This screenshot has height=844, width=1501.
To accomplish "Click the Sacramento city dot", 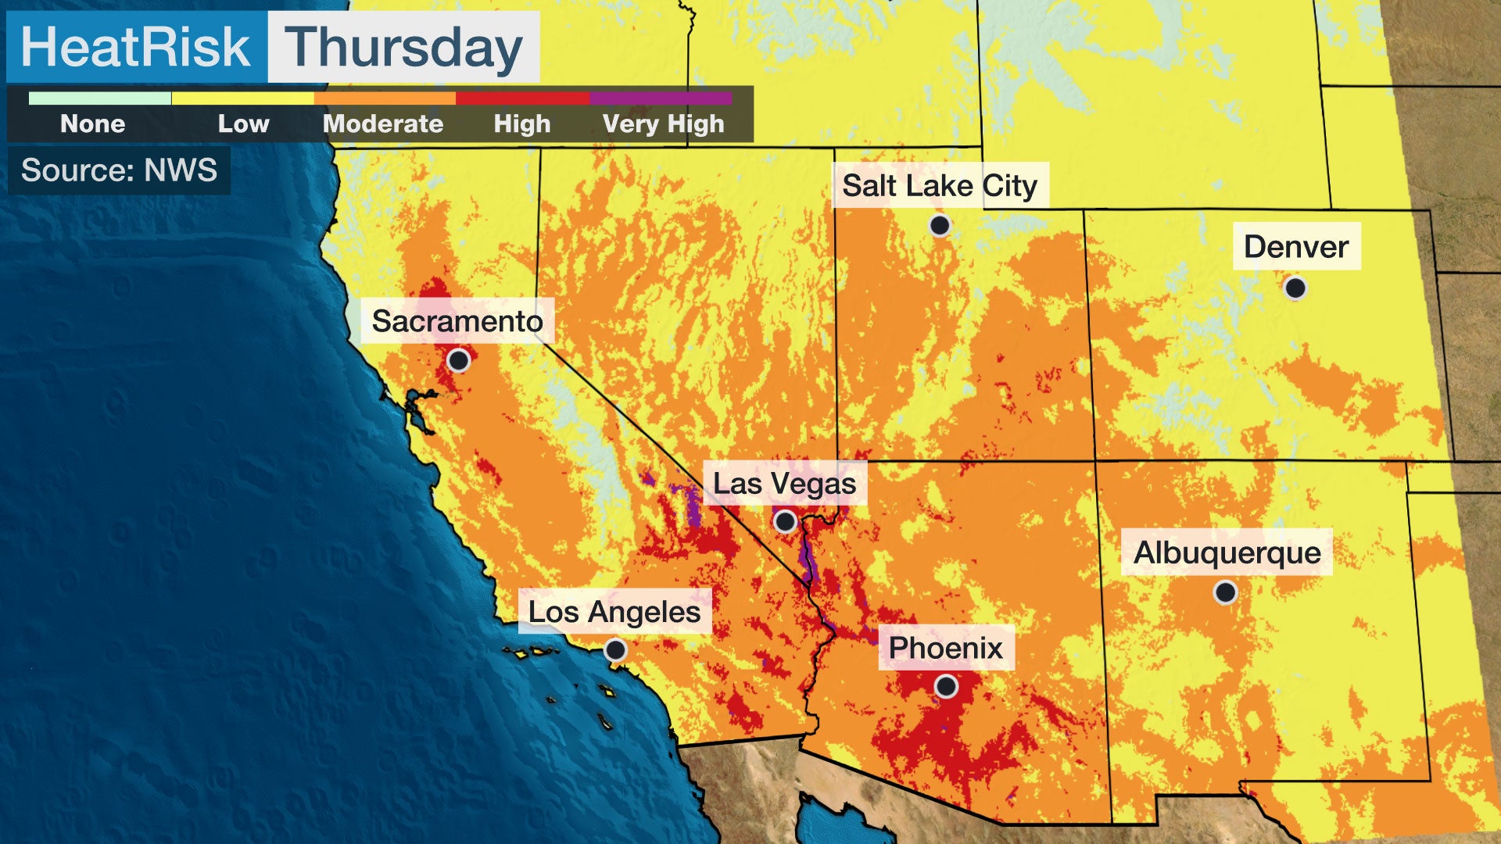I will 459,360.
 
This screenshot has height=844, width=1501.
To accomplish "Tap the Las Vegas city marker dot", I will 785,520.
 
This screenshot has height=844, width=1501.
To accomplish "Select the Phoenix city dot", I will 946,687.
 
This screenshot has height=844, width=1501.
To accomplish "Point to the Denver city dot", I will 1295,288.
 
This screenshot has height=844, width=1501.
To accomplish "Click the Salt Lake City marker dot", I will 940,226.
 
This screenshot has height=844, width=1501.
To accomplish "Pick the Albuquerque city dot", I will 1225,592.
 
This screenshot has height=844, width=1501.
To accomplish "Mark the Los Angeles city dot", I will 615,650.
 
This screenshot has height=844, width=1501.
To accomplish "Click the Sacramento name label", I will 457,321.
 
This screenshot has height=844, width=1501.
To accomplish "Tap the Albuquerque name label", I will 1227,553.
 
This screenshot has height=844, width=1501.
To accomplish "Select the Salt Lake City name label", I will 940,186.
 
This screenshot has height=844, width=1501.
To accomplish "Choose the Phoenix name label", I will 946,648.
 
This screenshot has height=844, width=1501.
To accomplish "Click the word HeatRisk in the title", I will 136,47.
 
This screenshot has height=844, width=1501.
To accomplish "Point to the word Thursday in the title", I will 403,47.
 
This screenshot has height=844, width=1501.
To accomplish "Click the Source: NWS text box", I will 119,170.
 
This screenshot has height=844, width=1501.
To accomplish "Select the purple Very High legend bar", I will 661,98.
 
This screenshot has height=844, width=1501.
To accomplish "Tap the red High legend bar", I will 522,98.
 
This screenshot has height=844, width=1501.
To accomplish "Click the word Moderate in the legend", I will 383,123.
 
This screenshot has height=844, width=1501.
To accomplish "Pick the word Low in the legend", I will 243,123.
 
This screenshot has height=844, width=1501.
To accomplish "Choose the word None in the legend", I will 93,123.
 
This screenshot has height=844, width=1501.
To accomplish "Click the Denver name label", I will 1296,247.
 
